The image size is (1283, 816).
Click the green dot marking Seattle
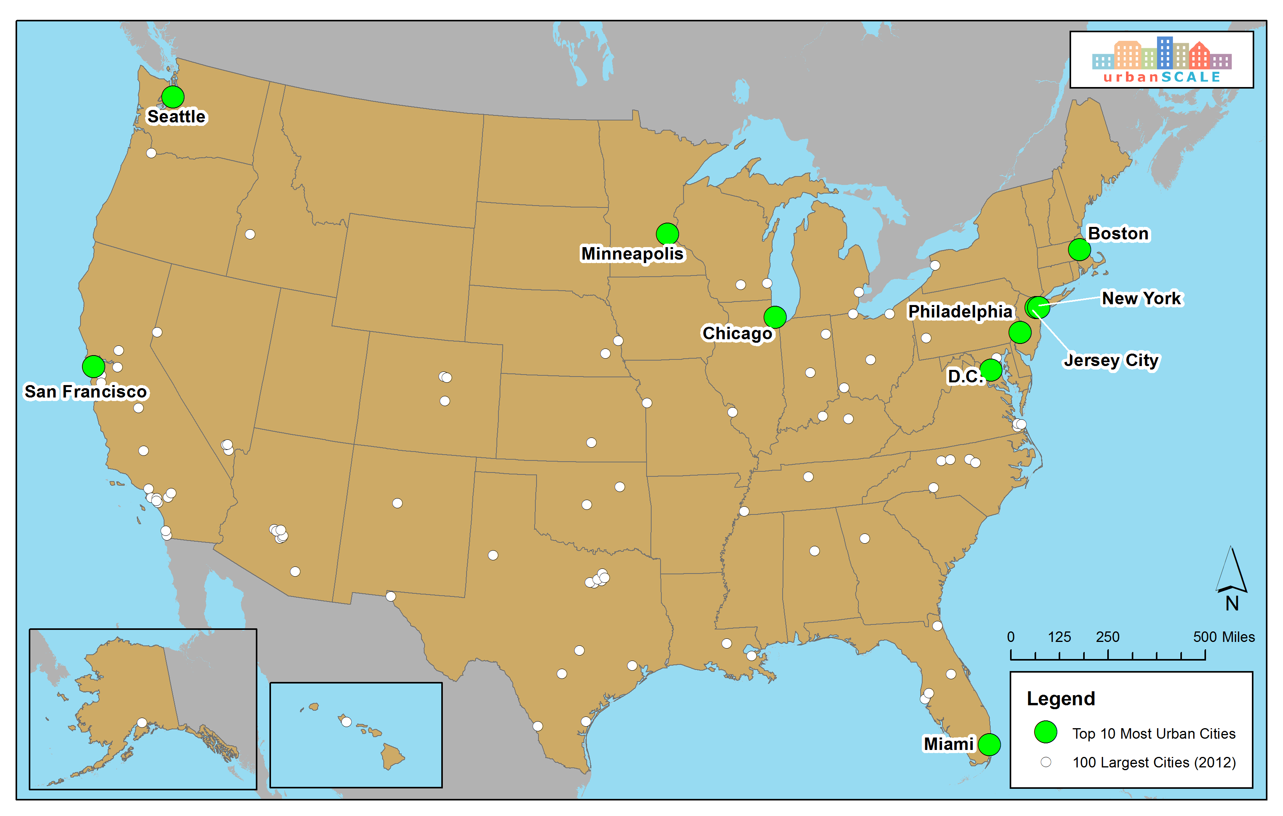[173, 97]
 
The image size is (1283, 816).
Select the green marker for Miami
[989, 744]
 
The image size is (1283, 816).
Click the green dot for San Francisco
[93, 366]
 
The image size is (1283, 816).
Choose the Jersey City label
[1111, 360]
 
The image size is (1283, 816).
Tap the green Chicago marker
[775, 317]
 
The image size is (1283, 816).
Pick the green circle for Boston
[1079, 249]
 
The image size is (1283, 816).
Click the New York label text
[1141, 298]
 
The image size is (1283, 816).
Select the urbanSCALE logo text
[1162, 77]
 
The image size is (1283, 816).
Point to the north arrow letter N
[1231, 603]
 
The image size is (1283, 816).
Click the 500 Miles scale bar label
[1224, 637]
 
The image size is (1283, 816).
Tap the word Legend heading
[1060, 698]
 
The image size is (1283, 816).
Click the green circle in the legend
[1045, 732]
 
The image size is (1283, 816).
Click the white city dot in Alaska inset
[142, 722]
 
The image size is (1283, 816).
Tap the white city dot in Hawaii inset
[346, 722]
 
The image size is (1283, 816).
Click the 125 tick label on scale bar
[1059, 637]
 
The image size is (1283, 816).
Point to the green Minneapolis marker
[667, 233]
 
